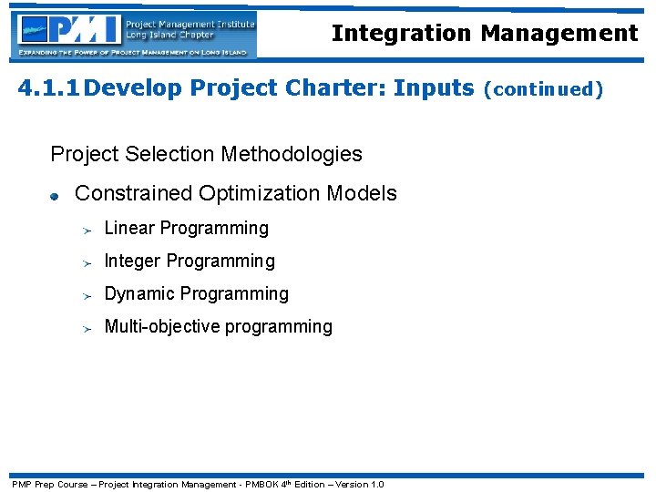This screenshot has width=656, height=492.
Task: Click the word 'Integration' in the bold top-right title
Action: point(402,33)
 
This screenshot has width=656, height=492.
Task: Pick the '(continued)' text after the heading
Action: point(543,89)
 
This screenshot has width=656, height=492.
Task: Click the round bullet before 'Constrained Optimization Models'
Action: point(55,195)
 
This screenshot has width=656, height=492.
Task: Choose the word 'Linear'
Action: point(130,228)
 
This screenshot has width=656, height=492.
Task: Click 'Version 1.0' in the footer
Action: point(360,484)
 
